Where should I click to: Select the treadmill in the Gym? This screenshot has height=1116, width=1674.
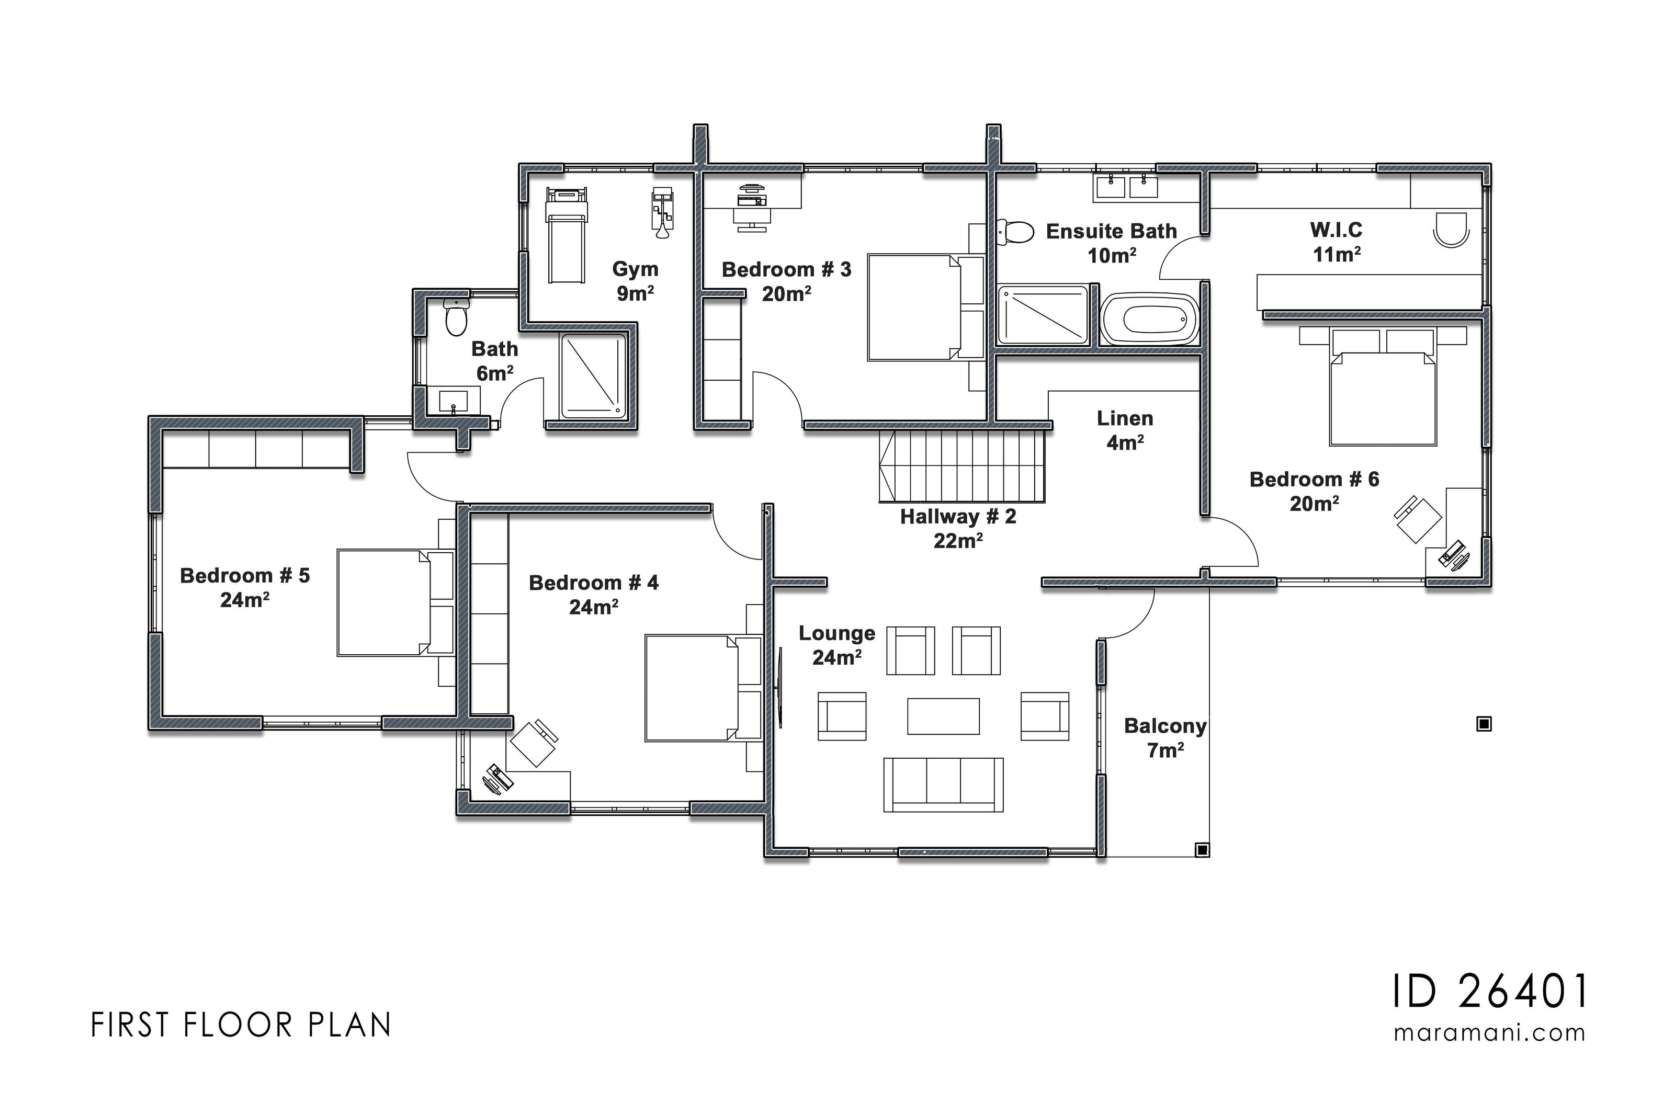pyautogui.click(x=566, y=235)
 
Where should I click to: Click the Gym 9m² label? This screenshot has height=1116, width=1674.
pyautogui.click(x=635, y=280)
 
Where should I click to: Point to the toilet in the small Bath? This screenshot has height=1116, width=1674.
pyautogui.click(x=456, y=317)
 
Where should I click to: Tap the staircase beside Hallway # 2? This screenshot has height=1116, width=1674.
pyautogui.click(x=962, y=466)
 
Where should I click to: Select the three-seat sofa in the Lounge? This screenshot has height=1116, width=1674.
pyautogui.click(x=943, y=784)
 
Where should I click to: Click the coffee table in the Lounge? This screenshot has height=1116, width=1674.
pyautogui.click(x=943, y=716)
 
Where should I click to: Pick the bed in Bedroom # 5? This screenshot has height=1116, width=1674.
pyautogui.click(x=395, y=602)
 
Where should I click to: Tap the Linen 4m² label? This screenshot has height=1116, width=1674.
pyautogui.click(x=1125, y=430)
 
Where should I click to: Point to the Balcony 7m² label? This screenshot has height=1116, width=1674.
pyautogui.click(x=1165, y=737)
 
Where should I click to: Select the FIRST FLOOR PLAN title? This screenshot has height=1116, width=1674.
pyautogui.click(x=241, y=1026)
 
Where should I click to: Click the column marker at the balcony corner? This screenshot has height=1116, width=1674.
pyautogui.click(x=1202, y=850)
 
